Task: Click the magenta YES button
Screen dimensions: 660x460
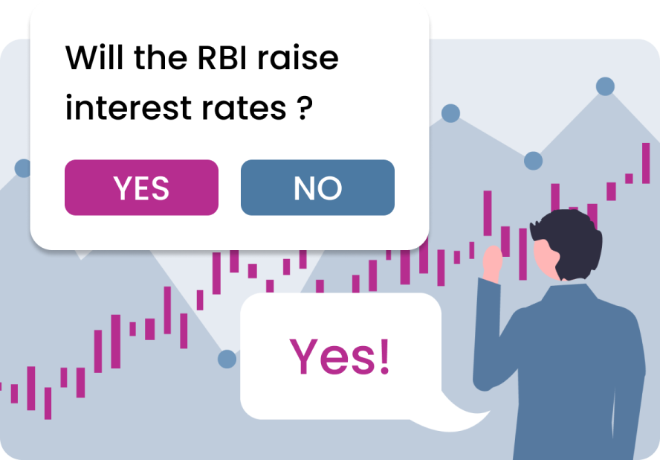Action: tap(141, 188)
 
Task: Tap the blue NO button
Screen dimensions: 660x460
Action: tap(317, 188)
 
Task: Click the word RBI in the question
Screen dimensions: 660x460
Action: tap(222, 57)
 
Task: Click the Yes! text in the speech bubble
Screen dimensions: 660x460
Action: tap(339, 357)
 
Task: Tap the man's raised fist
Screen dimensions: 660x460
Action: tap(492, 263)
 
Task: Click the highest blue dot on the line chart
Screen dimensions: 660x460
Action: tap(605, 86)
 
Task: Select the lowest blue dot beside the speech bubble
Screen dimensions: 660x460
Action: tap(227, 360)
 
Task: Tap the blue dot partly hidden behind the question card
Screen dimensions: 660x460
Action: tap(22, 168)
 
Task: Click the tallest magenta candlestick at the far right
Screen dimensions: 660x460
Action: tap(646, 163)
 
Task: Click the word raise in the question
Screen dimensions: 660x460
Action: tap(298, 57)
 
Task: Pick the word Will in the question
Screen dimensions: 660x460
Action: tap(94, 57)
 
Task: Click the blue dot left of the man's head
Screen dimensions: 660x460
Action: tap(534, 161)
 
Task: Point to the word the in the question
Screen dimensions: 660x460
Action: tap(161, 57)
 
